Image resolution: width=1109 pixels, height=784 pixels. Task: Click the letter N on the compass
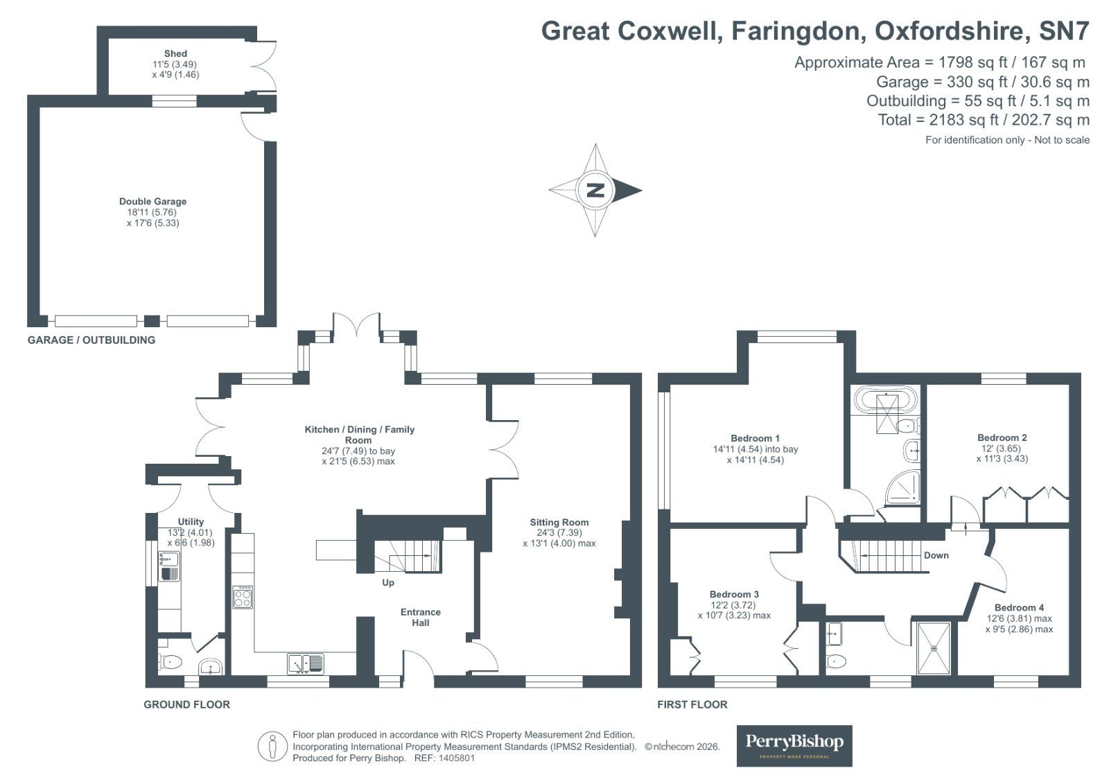(595, 190)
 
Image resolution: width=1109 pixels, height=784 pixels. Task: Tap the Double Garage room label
(152, 202)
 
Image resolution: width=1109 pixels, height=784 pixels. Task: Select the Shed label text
(175, 53)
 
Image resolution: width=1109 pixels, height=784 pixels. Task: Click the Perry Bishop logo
(794, 745)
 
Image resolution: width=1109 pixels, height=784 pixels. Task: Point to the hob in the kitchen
(243, 597)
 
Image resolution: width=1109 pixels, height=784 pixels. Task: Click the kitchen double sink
(306, 663)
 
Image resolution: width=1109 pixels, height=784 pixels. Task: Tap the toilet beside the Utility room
(170, 662)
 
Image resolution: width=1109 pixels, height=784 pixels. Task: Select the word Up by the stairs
(388, 582)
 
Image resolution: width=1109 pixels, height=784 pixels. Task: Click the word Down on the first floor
(936, 555)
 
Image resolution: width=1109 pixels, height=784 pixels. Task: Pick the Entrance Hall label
(420, 617)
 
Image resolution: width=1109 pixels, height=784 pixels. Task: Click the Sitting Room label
(559, 523)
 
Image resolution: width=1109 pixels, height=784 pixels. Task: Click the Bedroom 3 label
(734, 594)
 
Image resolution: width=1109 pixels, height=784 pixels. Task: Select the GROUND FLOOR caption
(186, 704)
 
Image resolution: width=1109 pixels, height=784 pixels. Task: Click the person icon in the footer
(273, 747)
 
